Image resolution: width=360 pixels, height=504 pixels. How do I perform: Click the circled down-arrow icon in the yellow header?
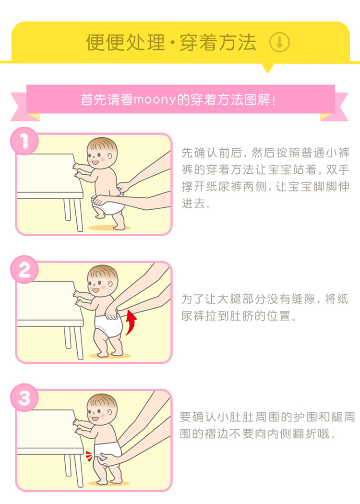279,42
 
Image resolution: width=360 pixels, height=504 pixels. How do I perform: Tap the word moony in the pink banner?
155,100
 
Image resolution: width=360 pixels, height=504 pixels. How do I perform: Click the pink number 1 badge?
24,141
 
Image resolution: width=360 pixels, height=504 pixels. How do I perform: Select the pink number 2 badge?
24,269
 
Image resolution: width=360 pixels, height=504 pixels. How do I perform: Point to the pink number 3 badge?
24,397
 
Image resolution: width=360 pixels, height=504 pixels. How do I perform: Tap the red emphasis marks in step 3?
89,456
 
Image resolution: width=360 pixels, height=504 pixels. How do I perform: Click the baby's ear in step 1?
110,157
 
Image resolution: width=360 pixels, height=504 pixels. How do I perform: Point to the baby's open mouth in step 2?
96,290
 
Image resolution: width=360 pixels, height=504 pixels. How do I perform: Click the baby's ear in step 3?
110,413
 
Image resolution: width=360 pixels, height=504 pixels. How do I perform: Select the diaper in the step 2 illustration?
108,326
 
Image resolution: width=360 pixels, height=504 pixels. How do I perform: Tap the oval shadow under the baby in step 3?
109,483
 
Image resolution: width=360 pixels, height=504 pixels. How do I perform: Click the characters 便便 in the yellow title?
105,42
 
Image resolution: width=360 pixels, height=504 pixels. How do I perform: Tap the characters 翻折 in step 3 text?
305,433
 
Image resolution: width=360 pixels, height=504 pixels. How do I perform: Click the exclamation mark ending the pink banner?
274,100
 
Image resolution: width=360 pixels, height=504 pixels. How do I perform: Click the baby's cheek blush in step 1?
103,159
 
